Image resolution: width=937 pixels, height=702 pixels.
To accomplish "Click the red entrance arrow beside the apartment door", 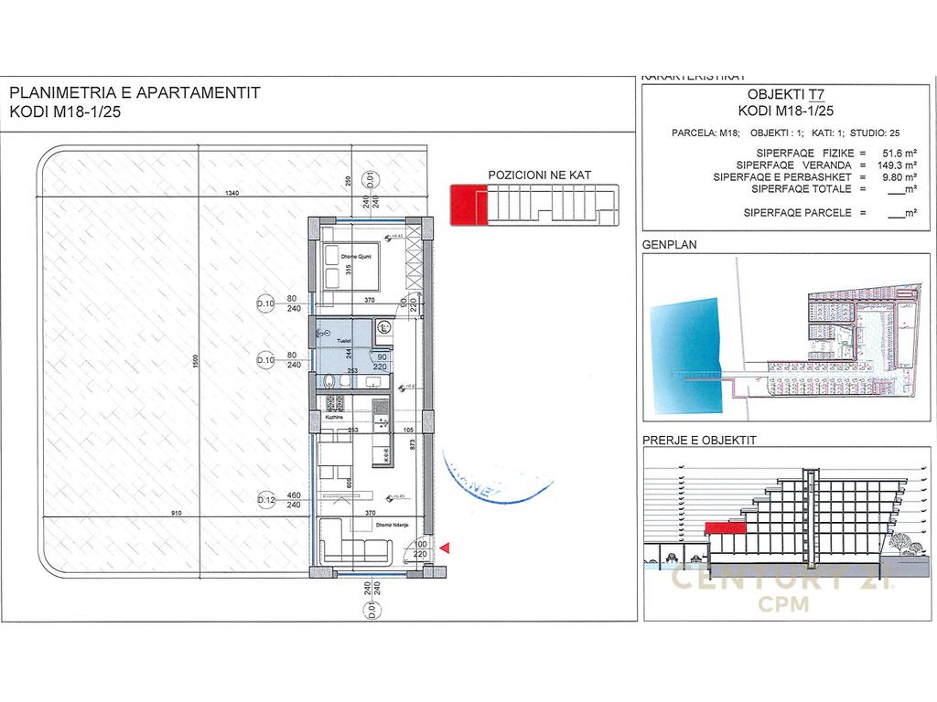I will point(446,548).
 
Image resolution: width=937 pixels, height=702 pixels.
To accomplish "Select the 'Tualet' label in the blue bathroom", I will point(343,338).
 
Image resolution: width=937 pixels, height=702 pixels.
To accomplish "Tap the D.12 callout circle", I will point(265,501).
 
